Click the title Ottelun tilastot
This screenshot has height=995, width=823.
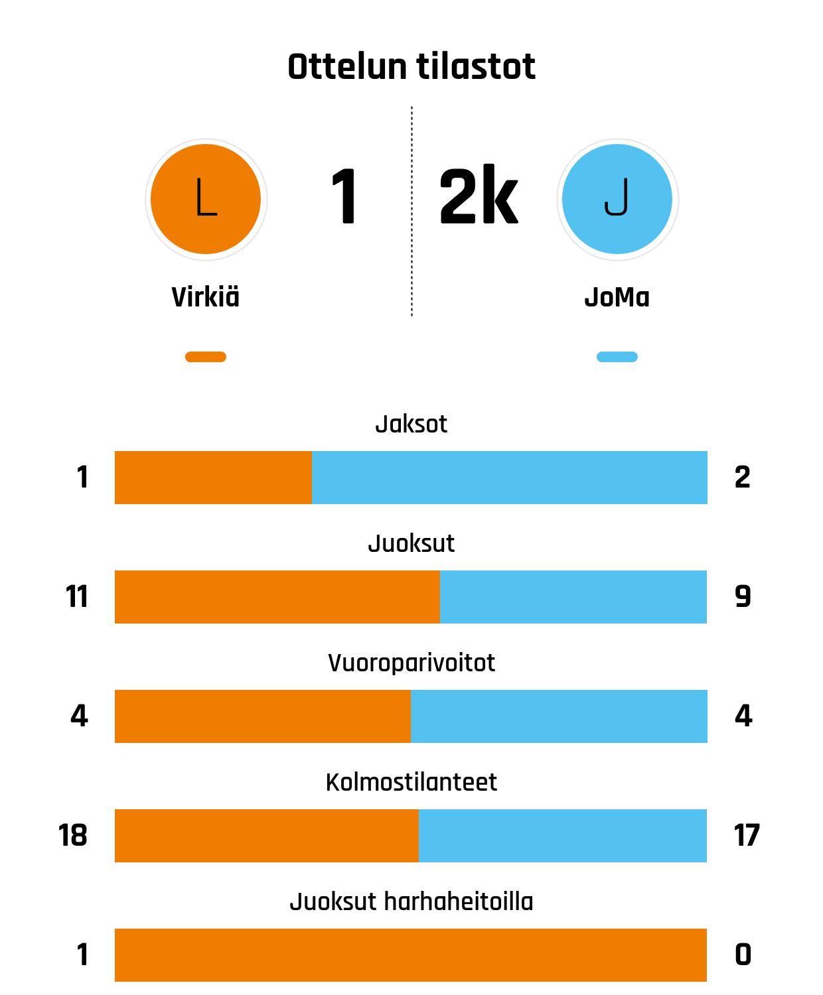point(411,67)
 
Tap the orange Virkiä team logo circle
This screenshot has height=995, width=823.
point(206,199)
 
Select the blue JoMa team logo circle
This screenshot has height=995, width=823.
point(617,199)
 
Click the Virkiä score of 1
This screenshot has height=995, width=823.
point(344,198)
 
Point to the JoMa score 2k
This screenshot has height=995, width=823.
point(478,198)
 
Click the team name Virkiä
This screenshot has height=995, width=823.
point(206,297)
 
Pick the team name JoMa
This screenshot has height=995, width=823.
point(617,297)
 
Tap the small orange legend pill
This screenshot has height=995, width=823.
point(206,357)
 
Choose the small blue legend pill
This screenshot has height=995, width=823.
point(617,357)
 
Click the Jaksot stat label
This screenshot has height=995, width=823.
point(411,424)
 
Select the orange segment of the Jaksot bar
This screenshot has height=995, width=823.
point(213,478)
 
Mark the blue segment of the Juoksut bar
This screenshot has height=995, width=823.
point(573,597)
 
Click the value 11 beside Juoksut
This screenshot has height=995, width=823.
point(77,597)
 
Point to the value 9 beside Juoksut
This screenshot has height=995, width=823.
point(743,597)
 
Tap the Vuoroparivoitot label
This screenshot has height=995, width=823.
point(411,663)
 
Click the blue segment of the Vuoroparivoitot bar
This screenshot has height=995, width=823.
point(559,716)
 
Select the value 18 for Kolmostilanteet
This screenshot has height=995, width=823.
point(73,836)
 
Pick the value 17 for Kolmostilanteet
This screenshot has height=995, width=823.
point(747,836)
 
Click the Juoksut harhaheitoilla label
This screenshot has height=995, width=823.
point(411,901)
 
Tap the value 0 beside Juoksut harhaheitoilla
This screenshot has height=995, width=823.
point(743,955)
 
